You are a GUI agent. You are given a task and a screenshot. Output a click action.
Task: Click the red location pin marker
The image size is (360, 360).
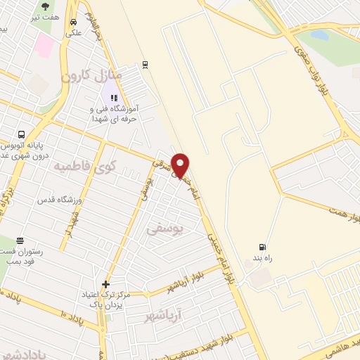coord(181,165)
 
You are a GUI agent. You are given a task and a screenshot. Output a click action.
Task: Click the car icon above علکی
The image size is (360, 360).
coord(73,22)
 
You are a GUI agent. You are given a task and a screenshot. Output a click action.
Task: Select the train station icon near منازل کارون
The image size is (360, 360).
coord(144,64)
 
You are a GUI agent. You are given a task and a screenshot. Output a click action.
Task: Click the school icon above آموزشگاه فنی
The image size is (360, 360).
coord(113,98)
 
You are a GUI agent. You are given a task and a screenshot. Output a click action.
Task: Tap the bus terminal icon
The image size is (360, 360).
coord(22,134)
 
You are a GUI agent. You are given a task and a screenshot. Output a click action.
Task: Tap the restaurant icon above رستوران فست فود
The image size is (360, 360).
coord(20,240)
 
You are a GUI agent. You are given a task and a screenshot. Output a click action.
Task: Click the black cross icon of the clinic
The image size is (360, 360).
coord(105,285)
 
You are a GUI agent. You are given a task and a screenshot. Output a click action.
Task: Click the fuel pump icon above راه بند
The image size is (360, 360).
coord(263,247)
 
